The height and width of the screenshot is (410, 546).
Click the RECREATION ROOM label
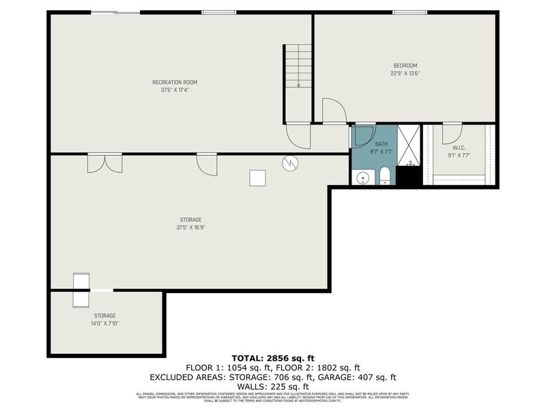pyautogui.click(x=175, y=82)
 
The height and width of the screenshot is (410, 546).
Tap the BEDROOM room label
pyautogui.click(x=404, y=66)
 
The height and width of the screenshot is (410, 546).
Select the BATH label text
pyautogui.click(x=381, y=143)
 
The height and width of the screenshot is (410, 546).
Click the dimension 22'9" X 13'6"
pyautogui.click(x=404, y=73)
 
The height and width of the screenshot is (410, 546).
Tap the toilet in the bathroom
pyautogui.click(x=384, y=176)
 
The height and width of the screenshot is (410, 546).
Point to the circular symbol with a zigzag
pyautogui.click(x=289, y=163)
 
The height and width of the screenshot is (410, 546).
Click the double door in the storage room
pyautogui.click(x=105, y=164)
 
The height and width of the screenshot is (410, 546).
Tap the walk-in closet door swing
pyautogui.click(x=452, y=133)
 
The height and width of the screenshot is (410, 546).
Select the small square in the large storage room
pyautogui.click(x=257, y=178)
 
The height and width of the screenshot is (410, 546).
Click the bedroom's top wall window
pyautogui.click(x=410, y=12)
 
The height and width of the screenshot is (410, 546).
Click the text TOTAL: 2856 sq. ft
pyautogui.click(x=273, y=358)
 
